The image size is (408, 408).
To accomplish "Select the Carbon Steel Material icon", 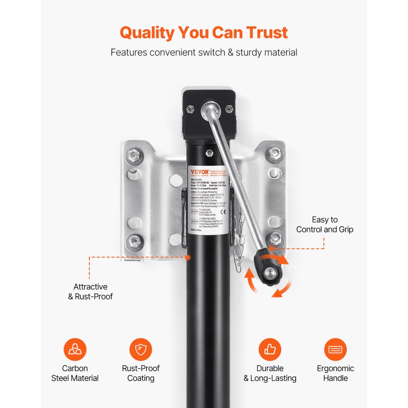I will [x=75, y=350].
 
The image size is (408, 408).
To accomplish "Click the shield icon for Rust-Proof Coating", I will [x=141, y=350].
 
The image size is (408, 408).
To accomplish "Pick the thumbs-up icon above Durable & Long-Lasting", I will [x=270, y=350].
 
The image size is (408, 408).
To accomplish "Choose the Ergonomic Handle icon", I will [x=335, y=350].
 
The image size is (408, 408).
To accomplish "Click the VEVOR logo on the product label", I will [x=199, y=171].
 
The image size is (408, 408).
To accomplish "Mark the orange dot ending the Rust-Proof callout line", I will [x=188, y=257].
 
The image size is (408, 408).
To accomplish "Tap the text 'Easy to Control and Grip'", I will [x=325, y=225].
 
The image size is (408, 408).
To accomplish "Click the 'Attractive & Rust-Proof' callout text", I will [x=90, y=291].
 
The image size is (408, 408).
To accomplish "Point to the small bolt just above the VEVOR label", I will [x=209, y=153].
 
